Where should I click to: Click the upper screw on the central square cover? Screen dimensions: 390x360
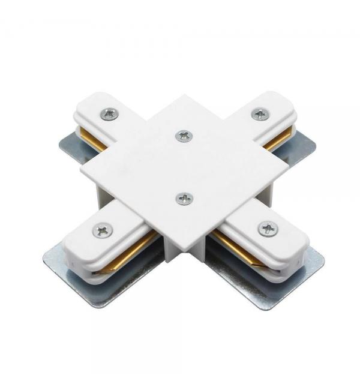(x=184, y=136)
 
